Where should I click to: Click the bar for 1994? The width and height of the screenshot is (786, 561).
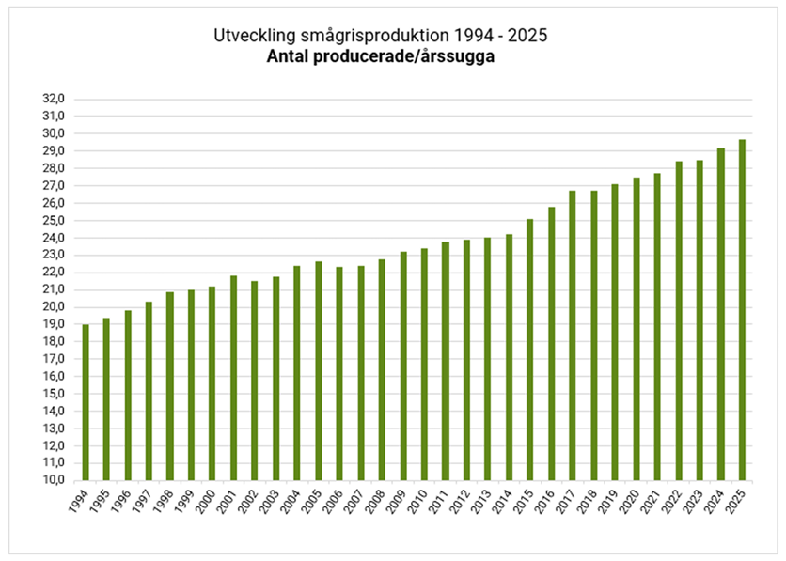(x=86, y=402)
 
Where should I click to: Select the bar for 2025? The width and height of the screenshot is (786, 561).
(x=742, y=310)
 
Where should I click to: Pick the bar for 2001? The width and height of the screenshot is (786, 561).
(x=234, y=378)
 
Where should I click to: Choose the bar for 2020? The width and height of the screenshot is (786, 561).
(x=636, y=329)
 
